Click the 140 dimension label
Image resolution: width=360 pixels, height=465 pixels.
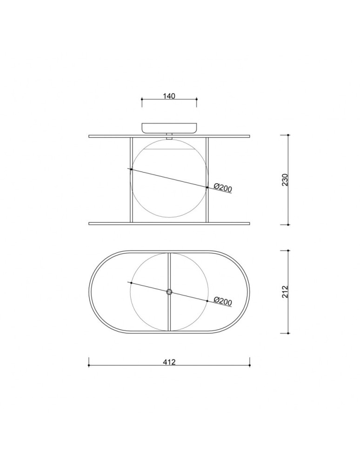coord(169,96)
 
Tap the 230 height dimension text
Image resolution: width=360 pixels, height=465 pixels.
coord(285,179)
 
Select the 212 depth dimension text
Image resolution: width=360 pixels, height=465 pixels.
coord(285,292)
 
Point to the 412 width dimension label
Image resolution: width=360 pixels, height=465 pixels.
coord(169,362)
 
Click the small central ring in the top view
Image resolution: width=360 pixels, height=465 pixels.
coord(169,292)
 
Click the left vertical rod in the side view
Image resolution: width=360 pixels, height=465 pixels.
coord(131,179)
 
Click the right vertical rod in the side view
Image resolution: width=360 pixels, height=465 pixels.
coord(207,179)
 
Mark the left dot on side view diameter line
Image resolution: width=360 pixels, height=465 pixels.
coord(131,169)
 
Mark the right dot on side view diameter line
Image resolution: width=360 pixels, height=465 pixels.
coord(207,187)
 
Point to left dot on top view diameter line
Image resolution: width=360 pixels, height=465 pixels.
coord(131,283)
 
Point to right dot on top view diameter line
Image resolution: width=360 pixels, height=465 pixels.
coord(207,301)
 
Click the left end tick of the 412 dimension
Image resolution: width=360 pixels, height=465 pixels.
coord(89,365)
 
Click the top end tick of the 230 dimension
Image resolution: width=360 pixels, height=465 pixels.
coord(288,135)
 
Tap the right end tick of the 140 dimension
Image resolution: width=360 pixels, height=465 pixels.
coord(197,99)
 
